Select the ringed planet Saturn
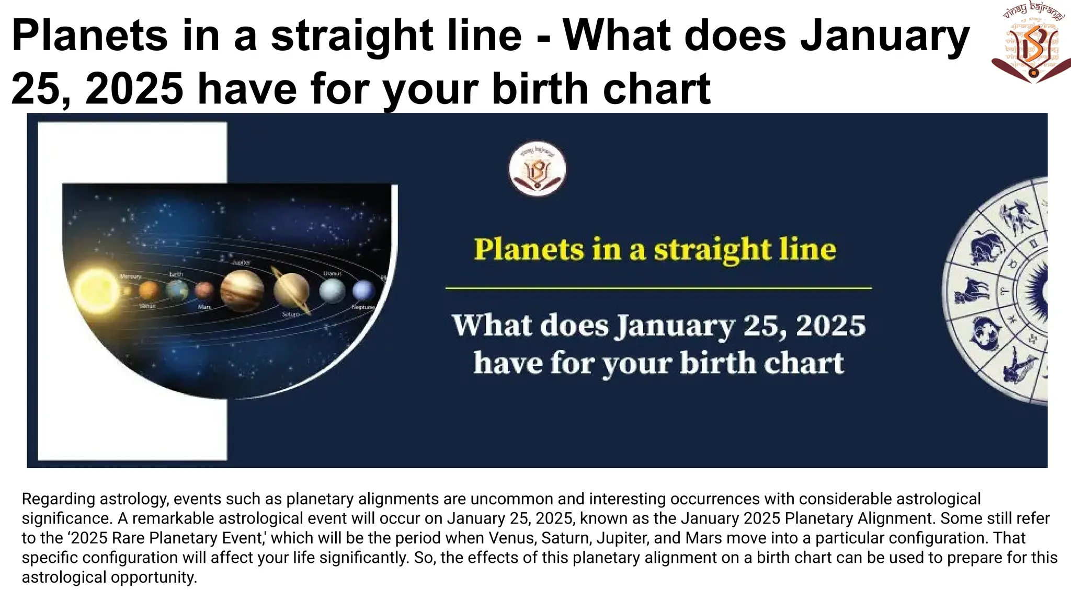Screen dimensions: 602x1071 (292, 291)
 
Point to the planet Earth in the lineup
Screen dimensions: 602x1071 (177, 290)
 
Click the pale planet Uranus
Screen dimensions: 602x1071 (332, 290)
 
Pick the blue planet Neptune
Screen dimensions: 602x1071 (363, 290)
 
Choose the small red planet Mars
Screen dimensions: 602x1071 (204, 290)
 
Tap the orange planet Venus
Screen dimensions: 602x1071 (149, 290)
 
